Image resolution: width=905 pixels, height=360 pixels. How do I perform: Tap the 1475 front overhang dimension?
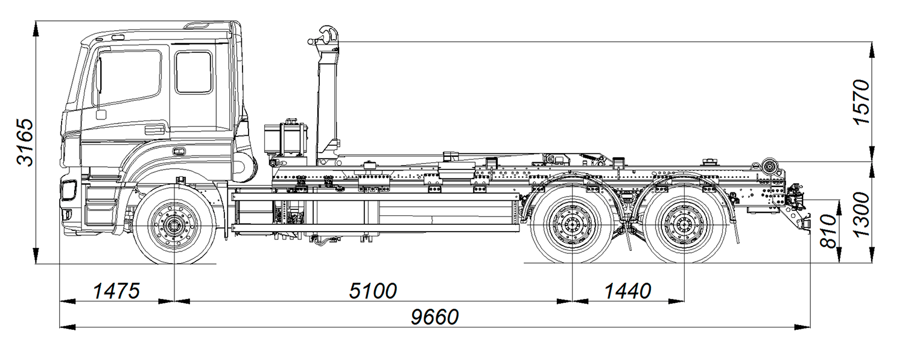tap(116, 291)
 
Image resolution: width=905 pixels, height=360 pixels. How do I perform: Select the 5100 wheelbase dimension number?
tap(373, 291)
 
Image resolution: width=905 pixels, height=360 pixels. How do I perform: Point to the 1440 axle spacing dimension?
tap(627, 291)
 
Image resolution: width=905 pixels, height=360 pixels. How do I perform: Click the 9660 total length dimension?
tap(434, 317)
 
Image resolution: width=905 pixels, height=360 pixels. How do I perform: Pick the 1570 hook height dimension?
tap(862, 101)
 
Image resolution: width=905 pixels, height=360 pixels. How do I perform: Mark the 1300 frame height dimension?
tap(862, 213)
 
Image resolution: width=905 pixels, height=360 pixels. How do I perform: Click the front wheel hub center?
tap(174, 226)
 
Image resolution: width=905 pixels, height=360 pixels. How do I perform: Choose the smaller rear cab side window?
tap(194, 72)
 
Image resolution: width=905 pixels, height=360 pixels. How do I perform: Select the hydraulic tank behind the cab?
tap(286, 139)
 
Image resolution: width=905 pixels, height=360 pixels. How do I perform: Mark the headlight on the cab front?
tap(69, 189)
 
